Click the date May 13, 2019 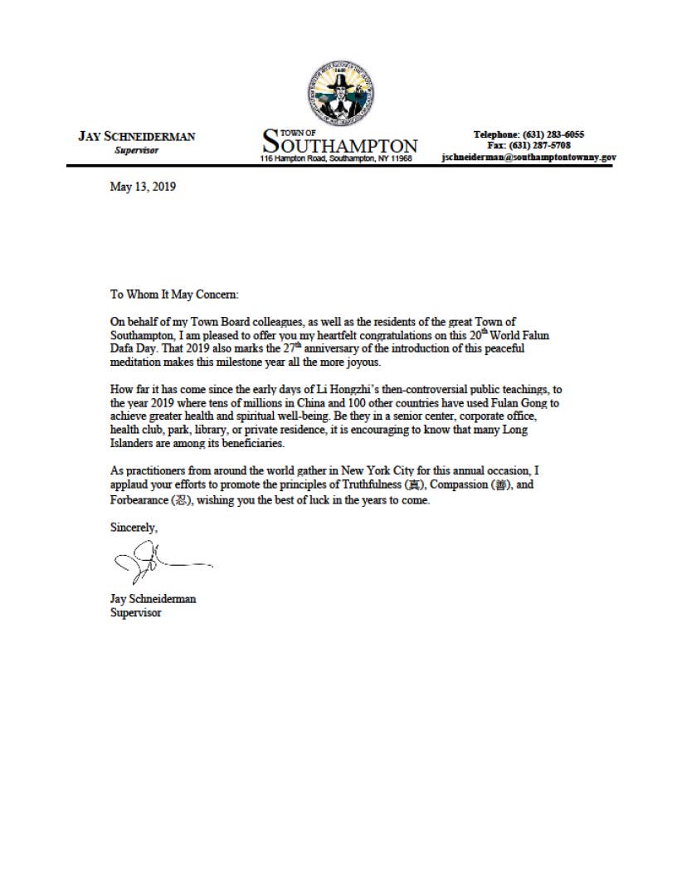point(143,187)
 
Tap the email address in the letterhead point(528,157)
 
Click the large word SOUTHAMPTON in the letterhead point(340,144)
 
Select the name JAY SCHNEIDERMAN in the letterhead point(137,137)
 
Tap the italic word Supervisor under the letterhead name point(137,150)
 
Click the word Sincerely point(134,527)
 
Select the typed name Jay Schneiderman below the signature point(153,598)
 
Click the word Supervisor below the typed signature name point(135,613)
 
